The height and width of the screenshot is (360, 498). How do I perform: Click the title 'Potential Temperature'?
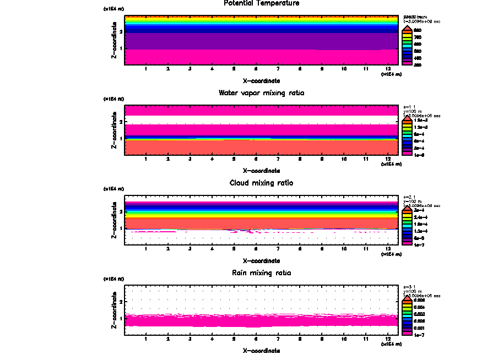pyautogui.click(x=262, y=3)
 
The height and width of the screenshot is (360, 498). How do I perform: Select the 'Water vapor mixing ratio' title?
pyautogui.click(x=262, y=93)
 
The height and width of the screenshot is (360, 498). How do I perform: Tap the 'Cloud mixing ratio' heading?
pyautogui.click(x=262, y=183)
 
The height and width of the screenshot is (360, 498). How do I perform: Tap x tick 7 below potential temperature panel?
pyautogui.click(x=278, y=69)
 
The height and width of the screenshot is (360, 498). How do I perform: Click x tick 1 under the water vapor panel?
pyautogui.click(x=146, y=159)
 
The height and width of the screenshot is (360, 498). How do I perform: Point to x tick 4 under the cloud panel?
pyautogui.click(x=212, y=249)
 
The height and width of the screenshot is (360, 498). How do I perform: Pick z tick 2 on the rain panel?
pyautogui.click(x=120, y=302)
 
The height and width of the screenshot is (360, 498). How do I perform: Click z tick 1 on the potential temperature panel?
pyautogui.click(x=120, y=49)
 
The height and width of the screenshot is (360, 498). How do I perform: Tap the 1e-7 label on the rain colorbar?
pyautogui.click(x=419, y=334)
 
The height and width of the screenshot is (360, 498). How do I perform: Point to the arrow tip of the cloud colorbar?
pyautogui.click(x=407, y=205)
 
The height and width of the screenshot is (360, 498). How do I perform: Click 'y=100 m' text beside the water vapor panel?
pyautogui.click(x=413, y=112)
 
